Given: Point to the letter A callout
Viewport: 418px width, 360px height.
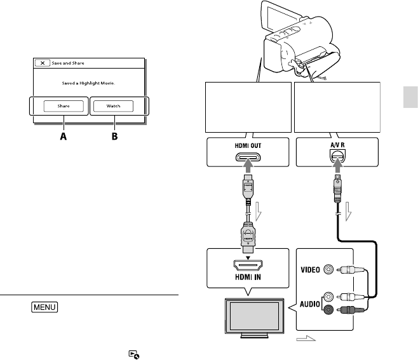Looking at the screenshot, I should tap(62, 135).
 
